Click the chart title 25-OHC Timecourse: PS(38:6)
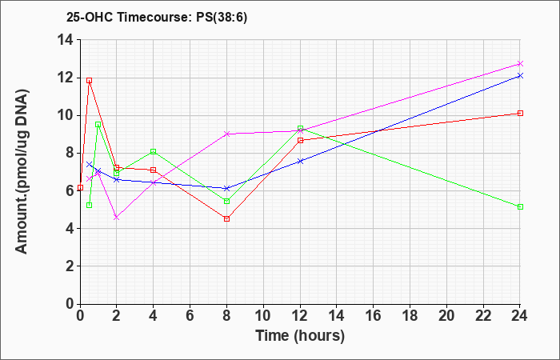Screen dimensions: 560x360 click(157, 18)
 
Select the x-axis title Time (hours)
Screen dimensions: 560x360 click(300, 336)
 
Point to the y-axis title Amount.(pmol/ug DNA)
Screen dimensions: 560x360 click(22, 171)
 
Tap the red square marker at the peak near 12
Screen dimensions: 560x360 click(90, 80)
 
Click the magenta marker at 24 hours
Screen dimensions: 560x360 click(520, 63)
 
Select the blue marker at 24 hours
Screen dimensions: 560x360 click(520, 75)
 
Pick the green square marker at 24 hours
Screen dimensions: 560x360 click(520, 206)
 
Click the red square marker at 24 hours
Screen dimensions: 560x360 click(520, 114)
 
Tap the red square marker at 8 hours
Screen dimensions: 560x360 click(226, 219)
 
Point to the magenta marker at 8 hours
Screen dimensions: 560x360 click(226, 134)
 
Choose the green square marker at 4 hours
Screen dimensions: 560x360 click(154, 151)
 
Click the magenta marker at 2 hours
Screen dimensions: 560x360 click(117, 217)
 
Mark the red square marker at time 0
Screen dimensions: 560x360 click(80, 187)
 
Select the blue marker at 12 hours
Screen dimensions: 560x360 click(300, 161)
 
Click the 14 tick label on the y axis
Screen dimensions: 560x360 click(66, 40)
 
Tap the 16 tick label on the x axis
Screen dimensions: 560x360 click(374, 316)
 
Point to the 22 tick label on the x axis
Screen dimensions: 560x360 click(483, 316)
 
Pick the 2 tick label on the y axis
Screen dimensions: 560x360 click(70, 266)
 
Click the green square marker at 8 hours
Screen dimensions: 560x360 click(226, 202)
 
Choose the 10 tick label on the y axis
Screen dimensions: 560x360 click(66, 115)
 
